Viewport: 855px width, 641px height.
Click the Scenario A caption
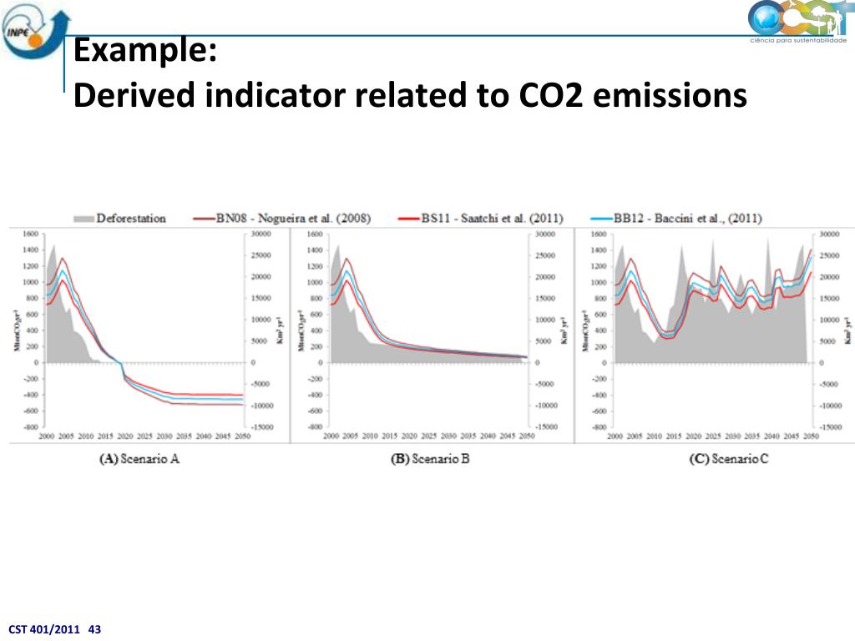coord(139,459)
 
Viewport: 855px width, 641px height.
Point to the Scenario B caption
coord(430,459)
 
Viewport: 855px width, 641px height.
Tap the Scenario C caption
coord(728,459)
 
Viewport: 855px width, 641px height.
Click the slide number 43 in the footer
coord(94,629)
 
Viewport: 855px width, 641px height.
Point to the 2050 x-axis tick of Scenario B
coord(527,436)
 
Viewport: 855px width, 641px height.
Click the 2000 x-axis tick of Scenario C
coord(616,436)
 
